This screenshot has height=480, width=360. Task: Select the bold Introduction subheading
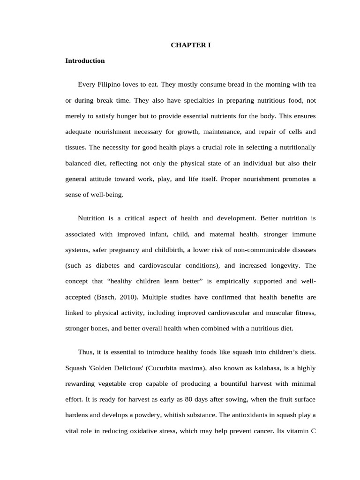tap(85, 61)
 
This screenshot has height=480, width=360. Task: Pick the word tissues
tap(75, 147)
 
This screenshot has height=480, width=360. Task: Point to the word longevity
tap(283, 265)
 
